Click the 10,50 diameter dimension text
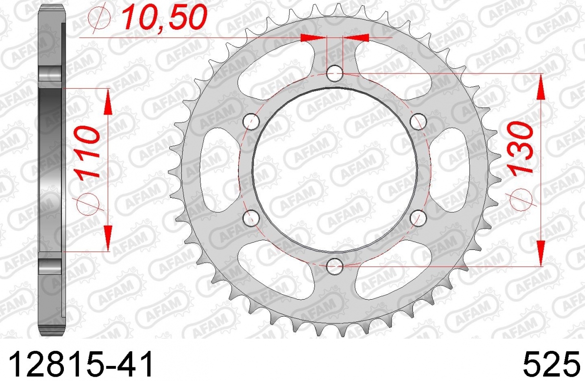coord(165,17)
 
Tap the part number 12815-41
coord(80,364)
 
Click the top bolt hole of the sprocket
coord(334,74)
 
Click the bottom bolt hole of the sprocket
coord(334,266)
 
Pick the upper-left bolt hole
coord(251,122)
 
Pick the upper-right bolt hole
coord(418,122)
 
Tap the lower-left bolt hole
coord(251,218)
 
